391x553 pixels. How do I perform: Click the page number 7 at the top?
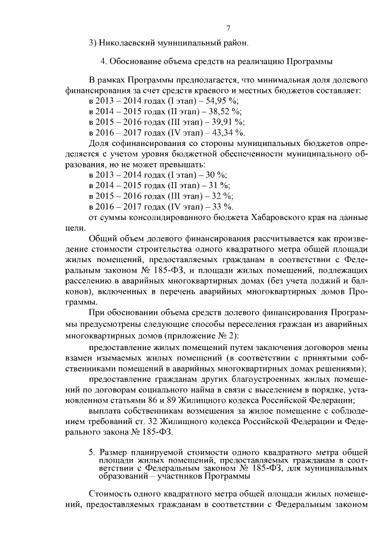227,27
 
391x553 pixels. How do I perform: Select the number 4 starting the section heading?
102,62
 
